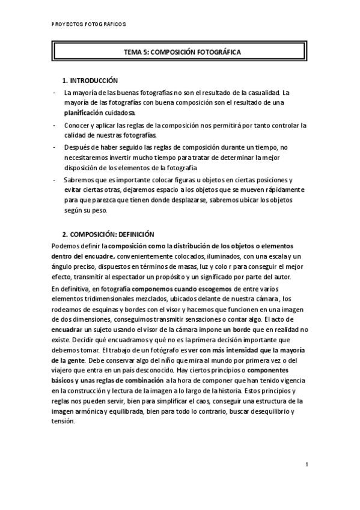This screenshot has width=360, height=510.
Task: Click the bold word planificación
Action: tap(86, 112)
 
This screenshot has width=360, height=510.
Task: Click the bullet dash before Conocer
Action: tap(54, 126)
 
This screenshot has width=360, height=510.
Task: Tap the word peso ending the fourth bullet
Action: tap(97, 210)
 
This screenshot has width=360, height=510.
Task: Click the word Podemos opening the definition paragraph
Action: tap(66, 247)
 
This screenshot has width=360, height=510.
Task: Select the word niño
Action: tap(184, 361)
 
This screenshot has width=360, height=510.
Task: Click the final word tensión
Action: tap(63, 422)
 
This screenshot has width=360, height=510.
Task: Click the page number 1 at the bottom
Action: tap(307, 464)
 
